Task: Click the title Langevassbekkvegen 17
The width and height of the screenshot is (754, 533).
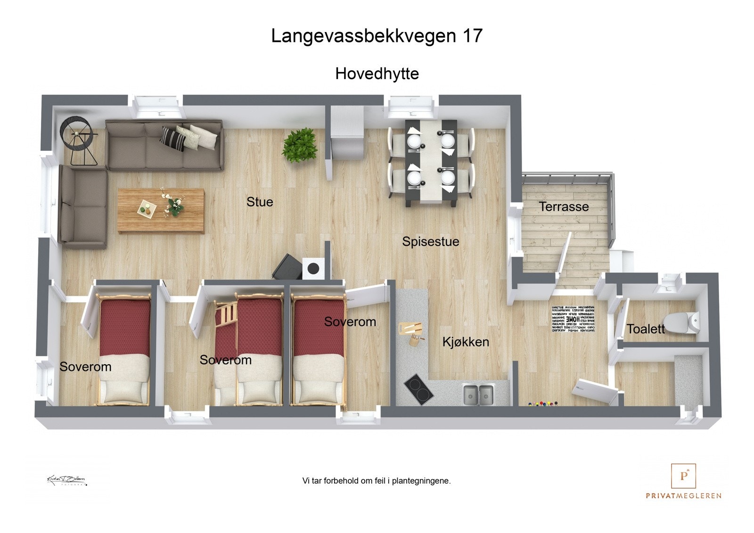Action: [377, 36]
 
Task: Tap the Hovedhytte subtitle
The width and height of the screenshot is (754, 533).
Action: [377, 74]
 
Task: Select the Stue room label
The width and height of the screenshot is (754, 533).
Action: [260, 202]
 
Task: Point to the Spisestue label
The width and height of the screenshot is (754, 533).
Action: [430, 241]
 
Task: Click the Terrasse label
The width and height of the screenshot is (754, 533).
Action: [564, 206]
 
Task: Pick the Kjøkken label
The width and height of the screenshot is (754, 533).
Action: [466, 342]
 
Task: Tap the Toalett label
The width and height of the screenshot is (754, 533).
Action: [645, 328]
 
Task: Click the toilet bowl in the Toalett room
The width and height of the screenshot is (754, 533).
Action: [683, 322]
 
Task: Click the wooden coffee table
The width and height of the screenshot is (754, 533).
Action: [161, 211]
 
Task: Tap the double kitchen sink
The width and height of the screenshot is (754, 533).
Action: [478, 394]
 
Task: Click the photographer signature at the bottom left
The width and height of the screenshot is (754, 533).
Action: [66, 480]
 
